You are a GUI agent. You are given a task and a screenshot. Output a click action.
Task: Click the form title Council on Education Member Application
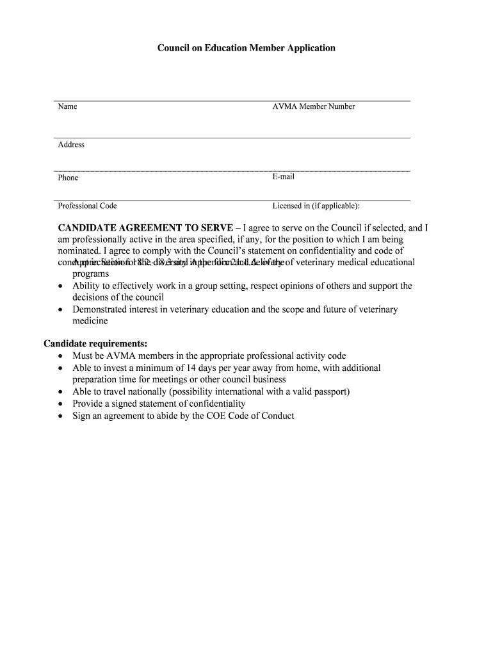click(247, 48)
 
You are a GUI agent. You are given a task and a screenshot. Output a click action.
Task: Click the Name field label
click(67, 106)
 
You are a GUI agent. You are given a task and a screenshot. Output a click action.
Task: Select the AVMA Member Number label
click(313, 106)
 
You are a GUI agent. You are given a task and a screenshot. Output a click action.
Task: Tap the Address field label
click(71, 145)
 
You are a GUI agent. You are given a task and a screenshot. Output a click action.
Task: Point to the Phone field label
click(68, 177)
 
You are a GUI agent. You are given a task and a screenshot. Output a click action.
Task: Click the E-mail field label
click(284, 177)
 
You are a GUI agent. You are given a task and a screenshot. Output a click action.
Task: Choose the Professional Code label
click(87, 206)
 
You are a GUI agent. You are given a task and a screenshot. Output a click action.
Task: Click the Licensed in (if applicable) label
click(316, 206)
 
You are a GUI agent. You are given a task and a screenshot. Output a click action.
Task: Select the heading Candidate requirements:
click(95, 343)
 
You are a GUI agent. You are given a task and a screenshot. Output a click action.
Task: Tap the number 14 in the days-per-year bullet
click(184, 368)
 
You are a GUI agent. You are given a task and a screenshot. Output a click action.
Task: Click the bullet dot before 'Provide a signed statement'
click(60, 404)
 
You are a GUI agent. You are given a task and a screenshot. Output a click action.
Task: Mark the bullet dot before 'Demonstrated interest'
click(60, 310)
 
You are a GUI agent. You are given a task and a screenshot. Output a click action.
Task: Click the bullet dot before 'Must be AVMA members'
click(60, 356)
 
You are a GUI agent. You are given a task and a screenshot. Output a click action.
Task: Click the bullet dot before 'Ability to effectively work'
click(60, 286)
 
